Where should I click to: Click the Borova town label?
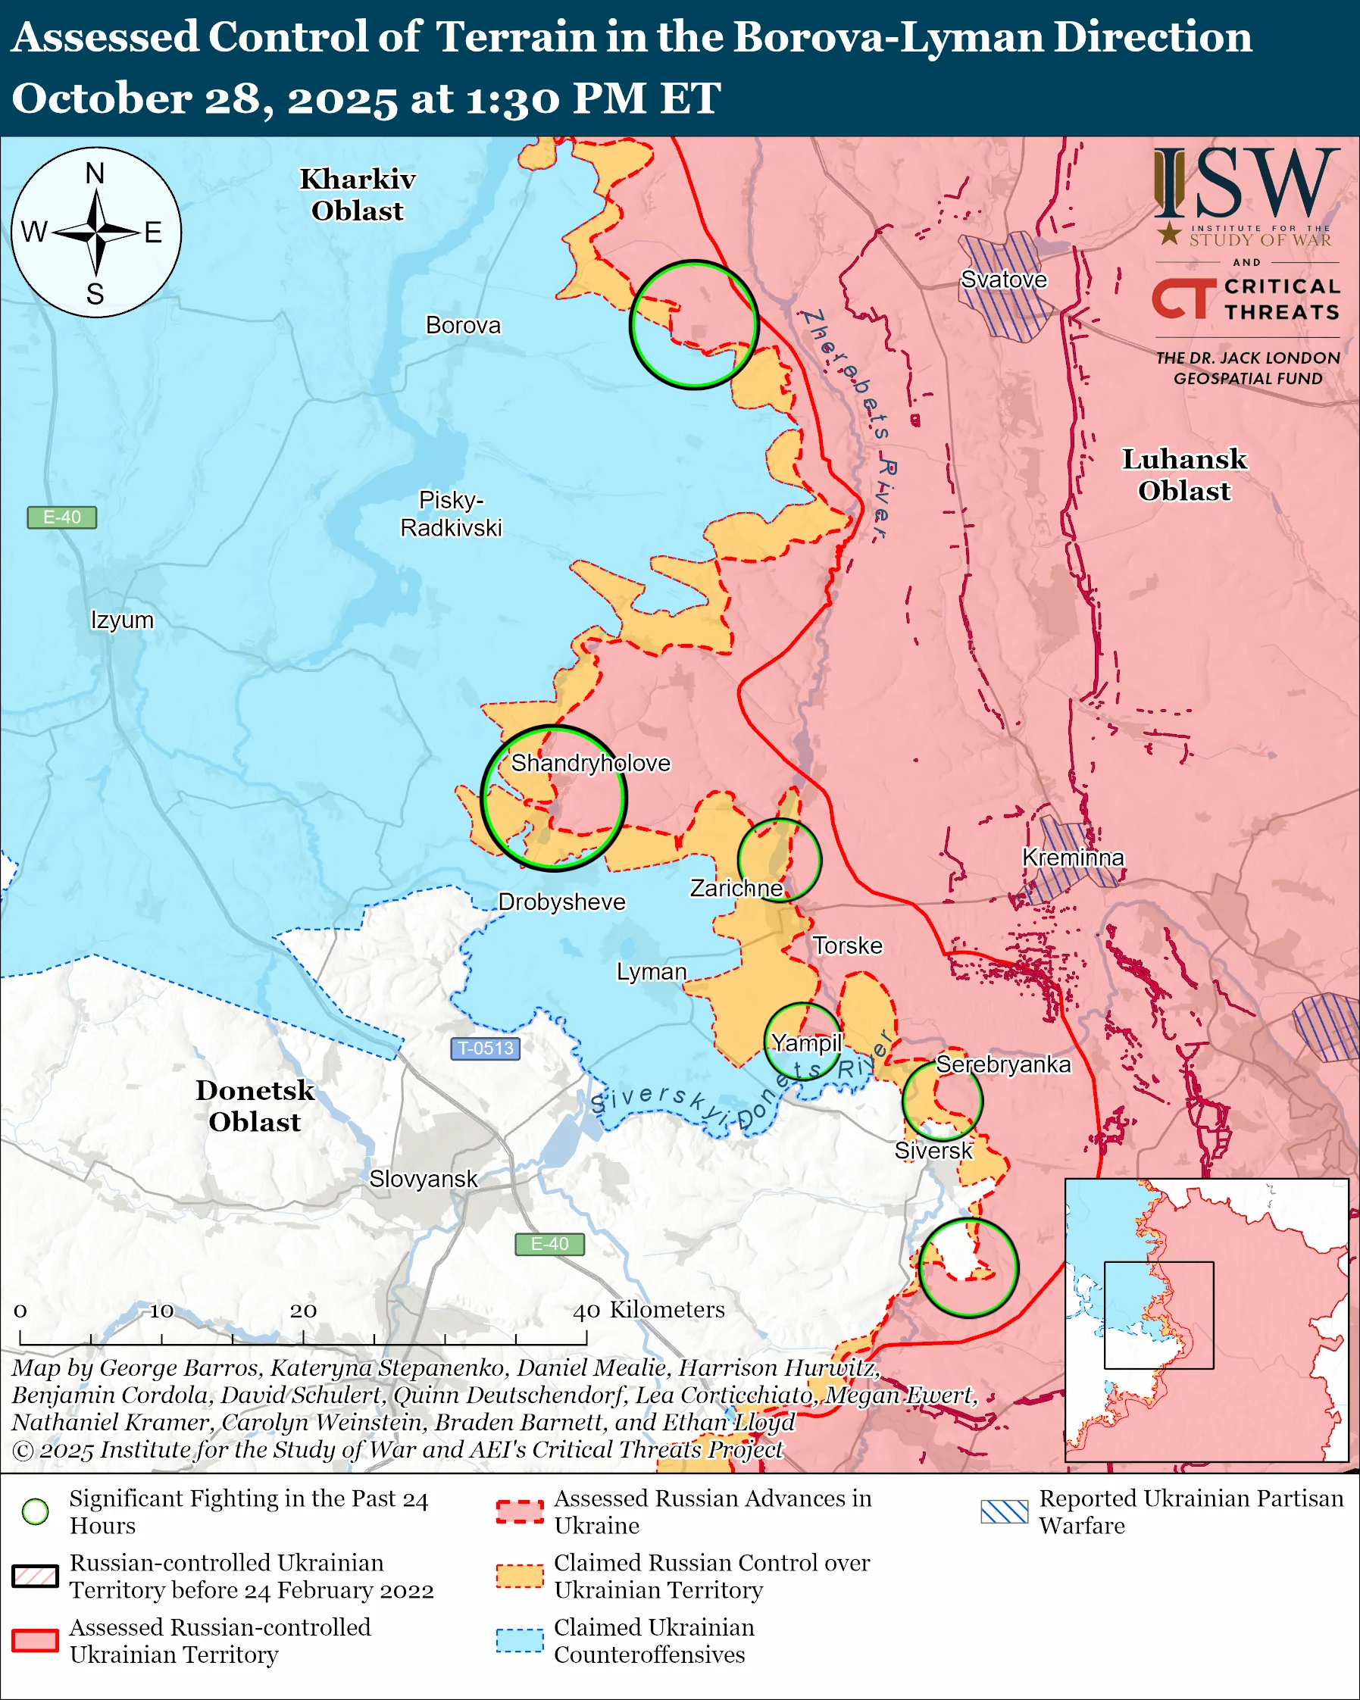463,325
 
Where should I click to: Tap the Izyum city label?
122,620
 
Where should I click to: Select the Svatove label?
1004,279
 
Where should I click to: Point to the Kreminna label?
1072,857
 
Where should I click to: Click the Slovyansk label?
424,1179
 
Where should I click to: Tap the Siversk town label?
933,1151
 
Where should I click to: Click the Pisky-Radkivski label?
451,514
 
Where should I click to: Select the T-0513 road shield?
485,1048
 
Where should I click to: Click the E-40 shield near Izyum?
61,517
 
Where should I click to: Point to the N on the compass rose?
95,173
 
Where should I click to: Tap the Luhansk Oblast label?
1184,475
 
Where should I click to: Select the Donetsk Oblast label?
255,1105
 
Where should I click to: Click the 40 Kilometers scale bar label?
648,1309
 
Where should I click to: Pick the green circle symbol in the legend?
36,1511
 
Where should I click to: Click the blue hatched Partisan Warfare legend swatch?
1005,1511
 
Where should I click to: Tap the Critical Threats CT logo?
1184,298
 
